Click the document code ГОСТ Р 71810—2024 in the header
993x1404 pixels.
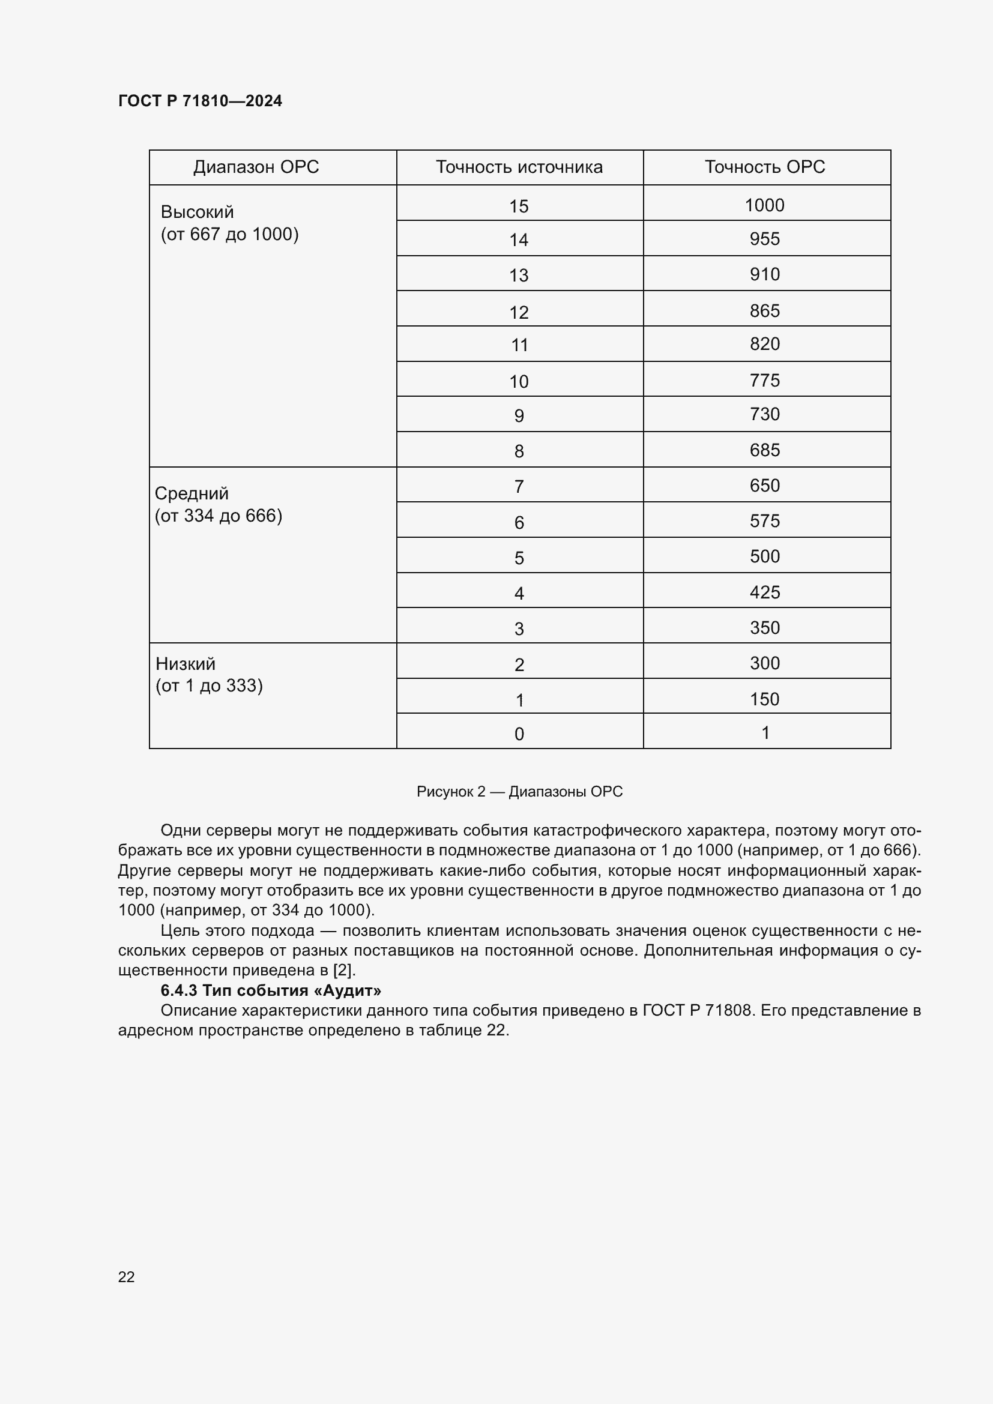[x=200, y=101]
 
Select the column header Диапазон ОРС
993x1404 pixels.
[x=256, y=167]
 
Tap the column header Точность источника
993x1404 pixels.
[x=519, y=167]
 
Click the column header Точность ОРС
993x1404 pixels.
[x=765, y=167]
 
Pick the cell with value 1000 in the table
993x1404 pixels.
[x=764, y=205]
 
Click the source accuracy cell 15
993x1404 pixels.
[x=519, y=206]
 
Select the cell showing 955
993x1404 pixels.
[x=764, y=238]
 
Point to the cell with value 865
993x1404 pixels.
[x=764, y=311]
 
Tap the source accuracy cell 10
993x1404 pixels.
[x=519, y=382]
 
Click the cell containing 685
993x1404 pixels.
[x=764, y=450]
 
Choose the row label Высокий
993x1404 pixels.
[x=197, y=212]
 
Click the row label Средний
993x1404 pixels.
[x=192, y=493]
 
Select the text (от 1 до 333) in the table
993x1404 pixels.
[x=209, y=685]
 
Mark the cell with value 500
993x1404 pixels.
[x=764, y=556]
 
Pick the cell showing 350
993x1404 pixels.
[x=764, y=628]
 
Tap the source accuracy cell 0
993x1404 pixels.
[x=519, y=734]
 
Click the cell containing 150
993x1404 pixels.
[x=764, y=699]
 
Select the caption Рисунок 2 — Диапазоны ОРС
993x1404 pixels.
[x=519, y=791]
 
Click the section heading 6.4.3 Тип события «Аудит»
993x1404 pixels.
[x=271, y=990]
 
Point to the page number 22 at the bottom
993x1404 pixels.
[x=127, y=1277]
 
